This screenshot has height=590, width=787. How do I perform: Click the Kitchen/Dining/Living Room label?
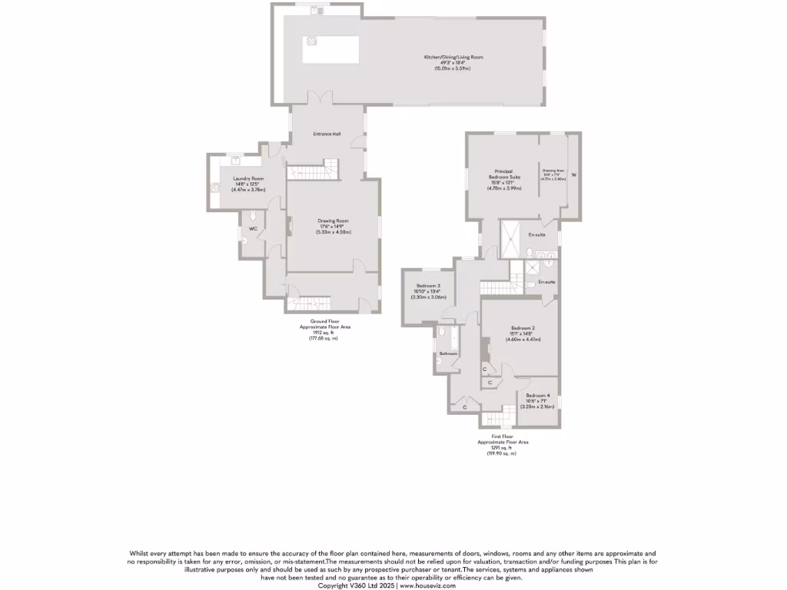(454, 57)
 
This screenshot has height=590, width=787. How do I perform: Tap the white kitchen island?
(331, 50)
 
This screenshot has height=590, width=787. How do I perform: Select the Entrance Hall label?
(327, 134)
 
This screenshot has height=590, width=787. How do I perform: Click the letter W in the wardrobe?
(573, 175)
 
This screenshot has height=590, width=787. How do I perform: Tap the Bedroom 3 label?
(428, 285)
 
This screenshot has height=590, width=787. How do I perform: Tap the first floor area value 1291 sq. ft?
(503, 448)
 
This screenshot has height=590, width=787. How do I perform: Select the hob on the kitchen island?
(313, 41)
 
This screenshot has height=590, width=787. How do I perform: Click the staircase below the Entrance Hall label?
(313, 170)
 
